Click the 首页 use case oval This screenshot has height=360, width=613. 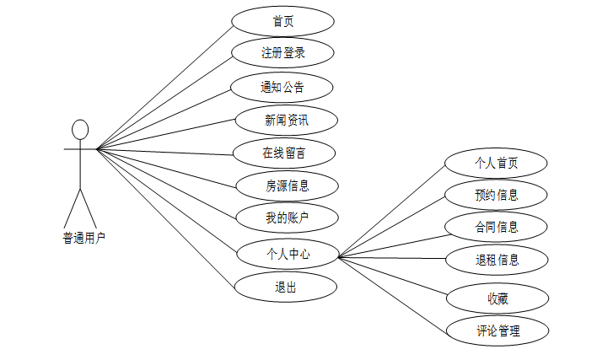pos(282,22)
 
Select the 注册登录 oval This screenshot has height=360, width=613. pos(282,53)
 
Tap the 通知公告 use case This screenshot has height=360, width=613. pos(282,87)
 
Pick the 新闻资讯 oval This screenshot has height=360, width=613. pos(286,120)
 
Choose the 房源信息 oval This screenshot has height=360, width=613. pos(286,185)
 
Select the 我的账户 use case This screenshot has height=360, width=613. pos(286,218)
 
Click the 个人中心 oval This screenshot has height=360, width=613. pos(286,252)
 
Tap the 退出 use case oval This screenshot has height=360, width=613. pos(284,287)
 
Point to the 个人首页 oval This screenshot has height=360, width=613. pos(496,163)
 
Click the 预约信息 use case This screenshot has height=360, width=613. pos(496,195)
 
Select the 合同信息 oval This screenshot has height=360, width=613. pos(496,226)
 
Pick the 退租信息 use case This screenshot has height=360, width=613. pos(496,259)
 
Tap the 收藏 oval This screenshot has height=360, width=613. pos(496,298)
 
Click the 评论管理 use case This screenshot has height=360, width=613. pos(497,330)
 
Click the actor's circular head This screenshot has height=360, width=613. pos(80,129)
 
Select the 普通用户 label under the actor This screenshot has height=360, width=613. pos(83,239)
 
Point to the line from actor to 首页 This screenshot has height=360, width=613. pos(164,87)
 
